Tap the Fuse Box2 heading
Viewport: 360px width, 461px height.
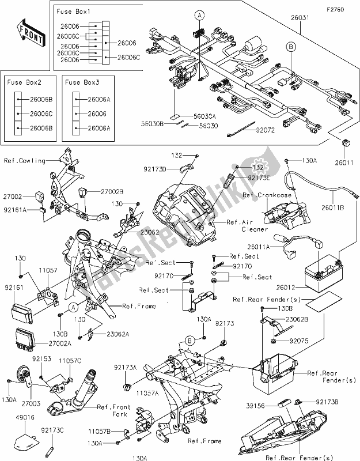click(x=25, y=82)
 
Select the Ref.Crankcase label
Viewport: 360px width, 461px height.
click(x=263, y=196)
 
